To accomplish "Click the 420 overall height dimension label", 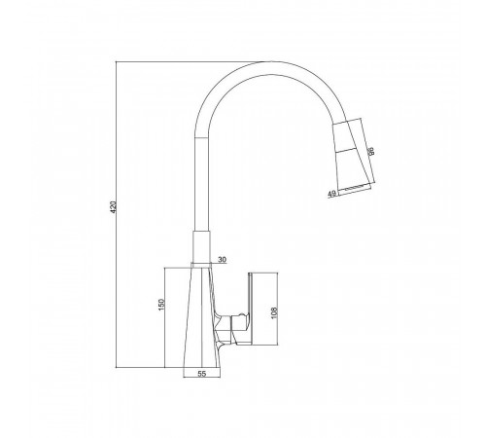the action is (x=113, y=207).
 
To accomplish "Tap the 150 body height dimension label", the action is (x=161, y=305).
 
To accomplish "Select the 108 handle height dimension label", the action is (x=274, y=312).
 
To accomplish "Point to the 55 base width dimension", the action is (x=201, y=374).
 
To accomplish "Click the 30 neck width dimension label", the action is (x=223, y=260).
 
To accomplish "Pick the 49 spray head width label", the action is (x=331, y=194).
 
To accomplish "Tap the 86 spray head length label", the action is (x=371, y=151).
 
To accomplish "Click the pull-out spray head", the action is (x=352, y=157).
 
